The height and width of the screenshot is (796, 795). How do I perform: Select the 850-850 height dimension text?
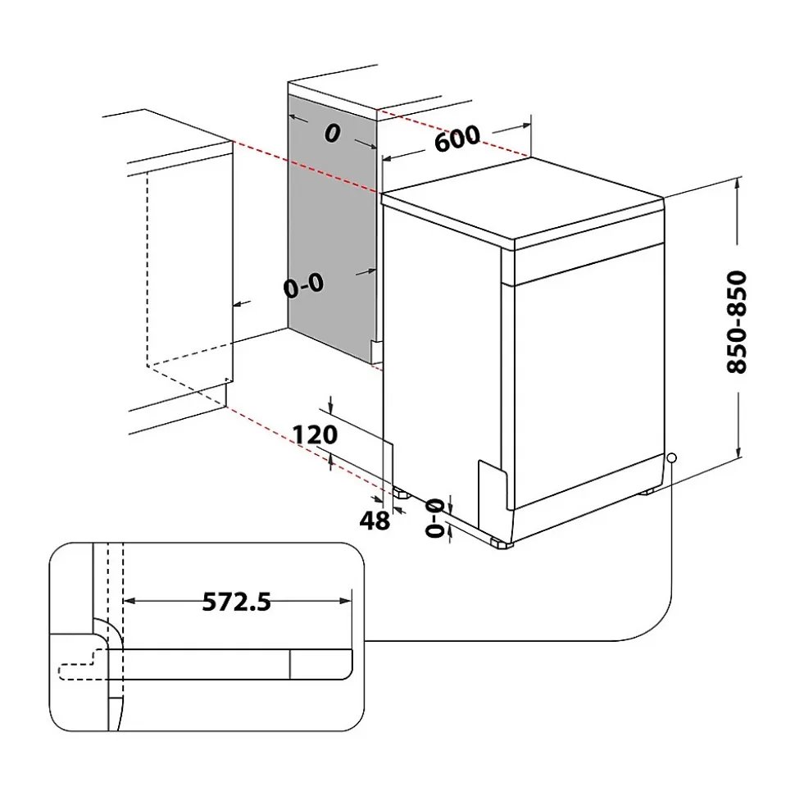pyautogui.click(x=737, y=321)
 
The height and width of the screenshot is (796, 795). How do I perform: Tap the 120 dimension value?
pyautogui.click(x=316, y=434)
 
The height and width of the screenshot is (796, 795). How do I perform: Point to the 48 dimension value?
pyautogui.click(x=375, y=520)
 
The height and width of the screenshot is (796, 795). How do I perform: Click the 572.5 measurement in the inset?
pyautogui.click(x=236, y=603)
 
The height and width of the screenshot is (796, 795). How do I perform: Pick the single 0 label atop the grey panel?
pyautogui.click(x=331, y=134)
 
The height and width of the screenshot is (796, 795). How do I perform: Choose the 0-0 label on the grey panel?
pyautogui.click(x=303, y=286)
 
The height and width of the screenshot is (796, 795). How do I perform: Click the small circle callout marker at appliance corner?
pyautogui.click(x=671, y=458)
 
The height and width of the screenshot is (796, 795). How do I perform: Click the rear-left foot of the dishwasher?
pyautogui.click(x=402, y=494)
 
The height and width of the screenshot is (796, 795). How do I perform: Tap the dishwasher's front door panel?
pyautogui.click(x=586, y=377)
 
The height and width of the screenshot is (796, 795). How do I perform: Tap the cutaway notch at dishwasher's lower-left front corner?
pyautogui.click(x=490, y=484)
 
